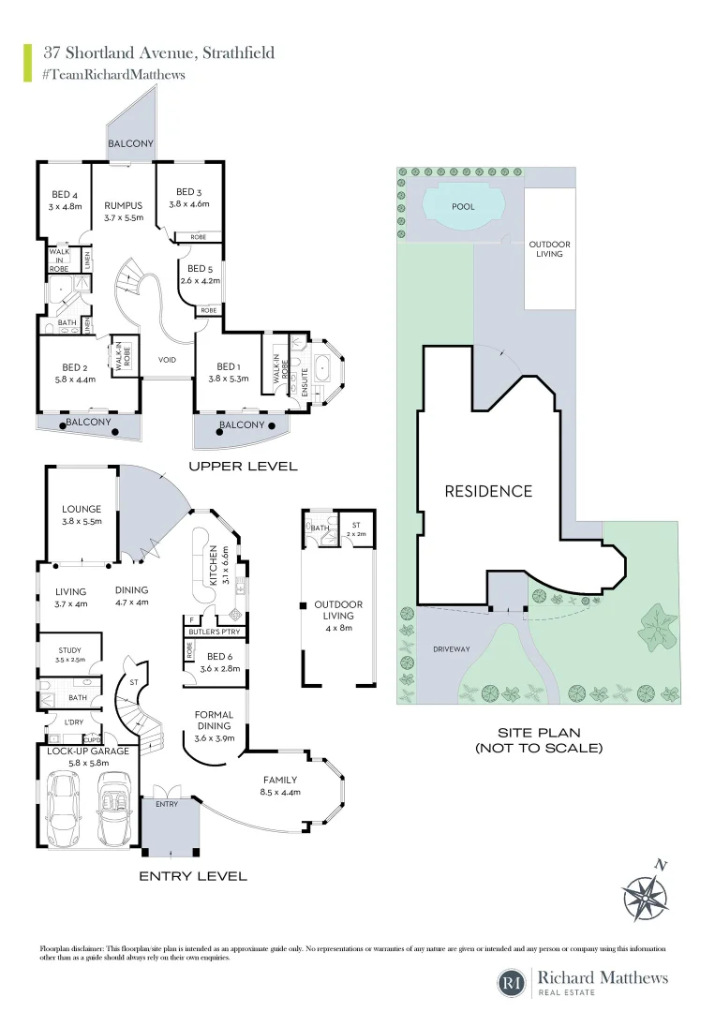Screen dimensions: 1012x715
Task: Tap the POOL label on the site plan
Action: point(463,206)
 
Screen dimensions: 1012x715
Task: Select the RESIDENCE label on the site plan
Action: point(488,491)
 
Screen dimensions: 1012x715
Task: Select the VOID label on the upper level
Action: point(168,359)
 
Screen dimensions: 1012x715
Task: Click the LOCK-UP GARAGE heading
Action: point(87,752)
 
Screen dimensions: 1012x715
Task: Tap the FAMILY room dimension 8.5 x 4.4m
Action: point(279,793)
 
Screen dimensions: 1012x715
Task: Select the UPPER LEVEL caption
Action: point(243,466)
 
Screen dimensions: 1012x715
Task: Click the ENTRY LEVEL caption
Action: point(193,876)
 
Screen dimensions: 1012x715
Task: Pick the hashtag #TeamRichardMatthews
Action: point(113,74)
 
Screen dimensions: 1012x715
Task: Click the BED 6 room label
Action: point(223,657)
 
